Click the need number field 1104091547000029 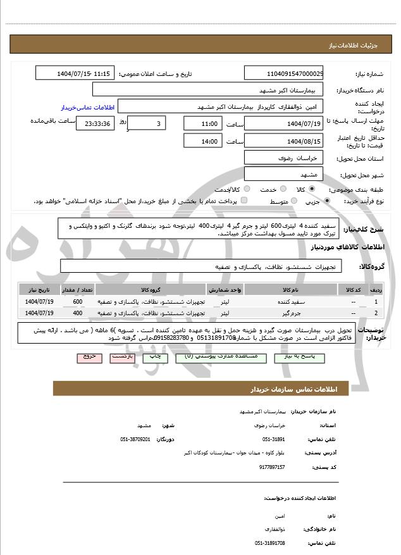coord(284,74)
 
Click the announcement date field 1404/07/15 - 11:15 coord(75,74)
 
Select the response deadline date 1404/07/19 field coord(284,123)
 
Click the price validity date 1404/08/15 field coord(284,141)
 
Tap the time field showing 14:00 coord(202,141)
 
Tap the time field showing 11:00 coord(202,123)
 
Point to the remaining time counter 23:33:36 coord(96,123)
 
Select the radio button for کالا coord(312,189)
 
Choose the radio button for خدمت coord(282,189)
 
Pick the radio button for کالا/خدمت coord(246,189)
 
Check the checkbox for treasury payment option coord(244,201)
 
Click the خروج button coord(89,357)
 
